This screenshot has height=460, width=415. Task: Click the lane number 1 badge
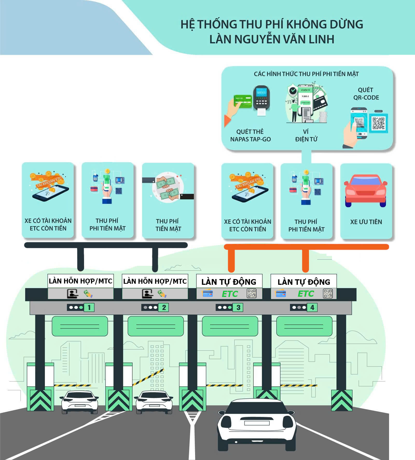point(89,308)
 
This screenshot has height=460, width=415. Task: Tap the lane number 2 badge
point(164,308)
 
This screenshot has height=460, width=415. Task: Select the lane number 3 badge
point(238,308)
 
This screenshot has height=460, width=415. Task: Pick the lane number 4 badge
point(312,308)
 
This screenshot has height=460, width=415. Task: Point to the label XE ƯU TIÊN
point(366,222)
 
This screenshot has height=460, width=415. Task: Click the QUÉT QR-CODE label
point(366,94)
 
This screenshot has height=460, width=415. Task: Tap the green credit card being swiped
point(243,101)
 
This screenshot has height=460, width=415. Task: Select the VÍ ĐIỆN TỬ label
point(306,135)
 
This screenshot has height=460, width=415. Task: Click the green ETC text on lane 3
point(230,294)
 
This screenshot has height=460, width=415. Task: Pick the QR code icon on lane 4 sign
point(328,294)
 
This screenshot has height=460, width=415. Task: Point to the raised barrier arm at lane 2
point(148,377)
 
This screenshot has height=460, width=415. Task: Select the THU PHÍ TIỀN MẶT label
point(168,225)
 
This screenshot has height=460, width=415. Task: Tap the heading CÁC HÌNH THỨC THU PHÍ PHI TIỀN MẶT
point(306,74)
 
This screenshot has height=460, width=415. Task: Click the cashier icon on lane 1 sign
point(72,294)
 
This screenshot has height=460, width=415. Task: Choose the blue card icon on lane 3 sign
point(208,294)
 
